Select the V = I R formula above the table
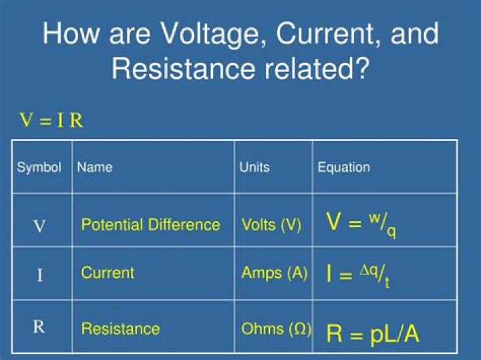51,121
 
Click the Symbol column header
39,167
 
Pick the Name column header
95,167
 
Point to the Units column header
255,167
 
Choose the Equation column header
343,167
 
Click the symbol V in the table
39,226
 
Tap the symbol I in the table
39,275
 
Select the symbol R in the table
39,327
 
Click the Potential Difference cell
150,224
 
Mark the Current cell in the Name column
108,273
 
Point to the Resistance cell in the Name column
120,329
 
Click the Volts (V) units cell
271,225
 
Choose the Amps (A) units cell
274,273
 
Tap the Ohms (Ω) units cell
276,329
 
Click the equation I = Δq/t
358,275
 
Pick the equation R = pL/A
372,333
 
